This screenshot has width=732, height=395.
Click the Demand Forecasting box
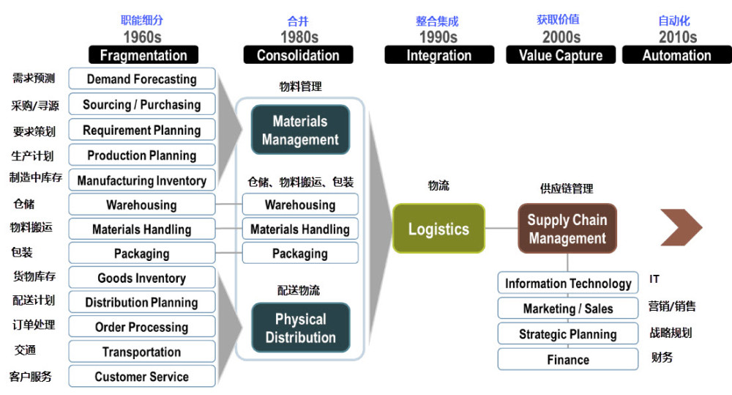coord(142,78)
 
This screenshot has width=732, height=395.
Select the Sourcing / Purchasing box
coord(142,104)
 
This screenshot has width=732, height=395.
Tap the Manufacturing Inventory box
coord(142,180)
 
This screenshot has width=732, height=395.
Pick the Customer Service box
coord(142,376)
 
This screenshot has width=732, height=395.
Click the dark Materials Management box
coord(300,130)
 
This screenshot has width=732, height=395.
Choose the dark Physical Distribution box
coord(300,328)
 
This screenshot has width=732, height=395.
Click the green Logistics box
coord(438,229)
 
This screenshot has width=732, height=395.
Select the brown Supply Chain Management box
coord(567,229)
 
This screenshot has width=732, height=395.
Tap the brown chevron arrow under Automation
coord(681,227)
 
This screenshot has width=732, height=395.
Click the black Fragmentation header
coord(143,55)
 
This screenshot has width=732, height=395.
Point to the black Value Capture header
coord(561,55)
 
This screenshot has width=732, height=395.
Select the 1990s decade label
coord(438,37)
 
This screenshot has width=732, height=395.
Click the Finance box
coord(568,360)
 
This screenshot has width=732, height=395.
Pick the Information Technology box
coord(568,283)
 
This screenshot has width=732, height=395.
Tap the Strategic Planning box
coord(568,333)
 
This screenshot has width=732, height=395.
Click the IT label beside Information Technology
coord(654,279)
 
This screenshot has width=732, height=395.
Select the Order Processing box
coord(142,327)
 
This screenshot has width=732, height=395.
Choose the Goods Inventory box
coord(142,278)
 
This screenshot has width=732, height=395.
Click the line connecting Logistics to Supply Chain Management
coord(501,229)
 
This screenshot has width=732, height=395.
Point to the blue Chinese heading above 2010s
coord(673,21)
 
